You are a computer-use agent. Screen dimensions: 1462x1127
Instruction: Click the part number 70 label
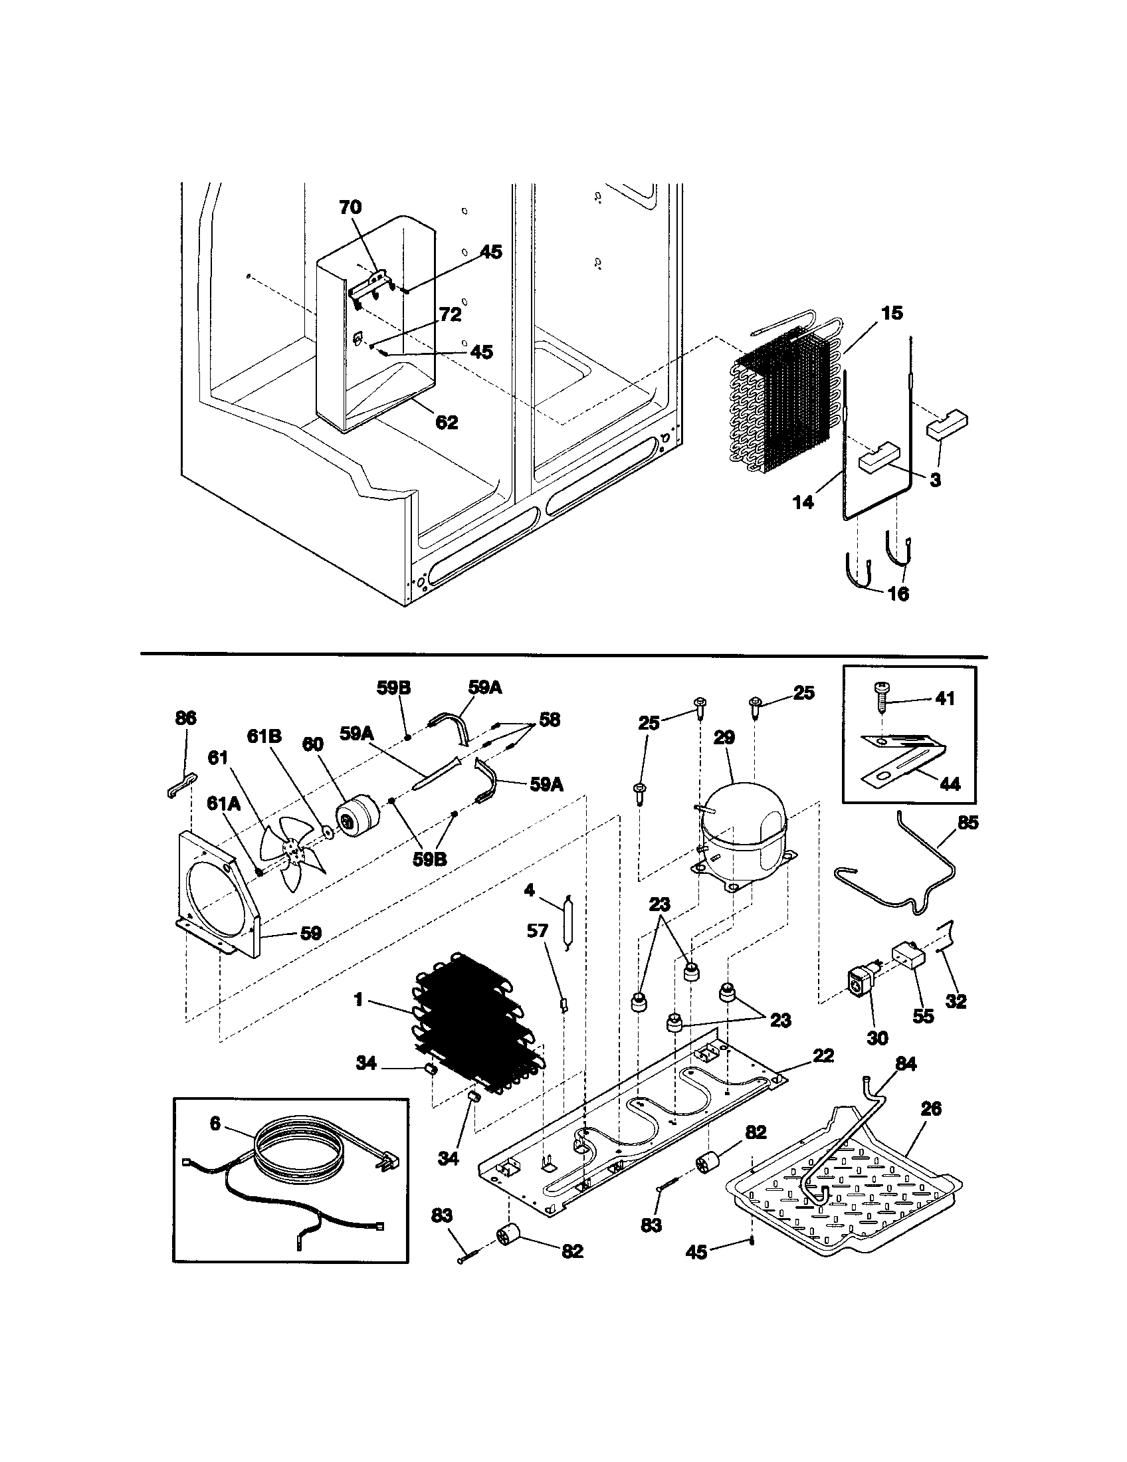350,207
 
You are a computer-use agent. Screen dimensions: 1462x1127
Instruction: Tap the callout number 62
447,423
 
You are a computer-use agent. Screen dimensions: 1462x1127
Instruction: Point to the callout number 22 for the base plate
823,1056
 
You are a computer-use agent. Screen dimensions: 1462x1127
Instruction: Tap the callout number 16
898,593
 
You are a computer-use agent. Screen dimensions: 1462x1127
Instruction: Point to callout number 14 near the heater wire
803,502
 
